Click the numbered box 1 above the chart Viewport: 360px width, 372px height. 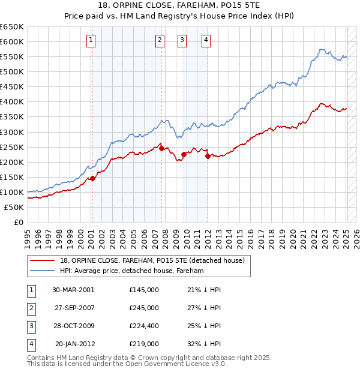tap(91, 40)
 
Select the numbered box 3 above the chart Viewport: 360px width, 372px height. tap(182, 40)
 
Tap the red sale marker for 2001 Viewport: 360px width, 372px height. tap(93, 178)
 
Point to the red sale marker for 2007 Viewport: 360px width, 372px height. tap(162, 148)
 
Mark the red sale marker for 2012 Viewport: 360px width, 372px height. tap(208, 156)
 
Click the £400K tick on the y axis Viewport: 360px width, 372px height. tap(11, 101)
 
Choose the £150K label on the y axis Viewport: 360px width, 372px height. tap(11, 177)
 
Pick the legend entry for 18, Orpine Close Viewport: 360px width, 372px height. tap(152, 260)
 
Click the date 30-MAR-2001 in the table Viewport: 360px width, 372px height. tap(73, 290)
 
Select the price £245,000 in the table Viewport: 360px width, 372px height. tap(144, 308)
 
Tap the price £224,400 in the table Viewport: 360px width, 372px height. tap(144, 326)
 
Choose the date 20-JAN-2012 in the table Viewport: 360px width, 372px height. tap(74, 344)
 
